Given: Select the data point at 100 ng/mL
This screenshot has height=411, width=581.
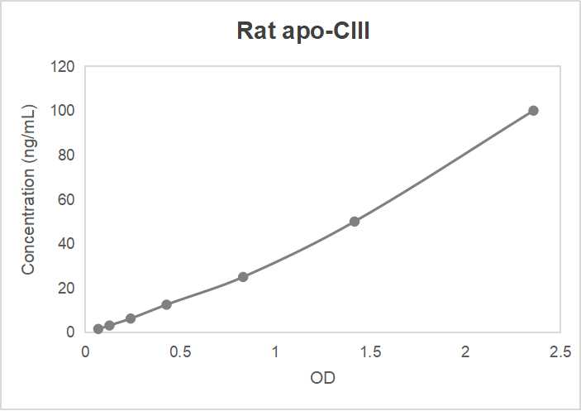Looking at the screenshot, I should [x=533, y=111].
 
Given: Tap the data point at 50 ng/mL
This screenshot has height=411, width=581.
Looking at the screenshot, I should [x=355, y=222].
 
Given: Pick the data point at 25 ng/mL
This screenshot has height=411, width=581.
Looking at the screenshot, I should [x=243, y=277].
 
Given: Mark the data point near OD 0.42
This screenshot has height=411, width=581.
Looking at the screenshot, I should [x=166, y=304].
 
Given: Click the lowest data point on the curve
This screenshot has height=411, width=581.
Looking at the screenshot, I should [x=98, y=328].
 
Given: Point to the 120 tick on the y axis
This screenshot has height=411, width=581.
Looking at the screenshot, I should [x=64, y=66].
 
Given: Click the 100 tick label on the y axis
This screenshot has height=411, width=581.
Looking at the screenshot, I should [x=64, y=111].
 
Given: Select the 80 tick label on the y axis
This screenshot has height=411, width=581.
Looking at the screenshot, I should [x=67, y=155].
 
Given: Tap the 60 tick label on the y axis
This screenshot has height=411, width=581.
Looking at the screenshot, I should [x=67, y=199].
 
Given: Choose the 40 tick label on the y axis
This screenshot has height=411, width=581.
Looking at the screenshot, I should [x=67, y=244].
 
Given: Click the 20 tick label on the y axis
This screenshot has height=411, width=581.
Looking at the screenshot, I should [x=67, y=289].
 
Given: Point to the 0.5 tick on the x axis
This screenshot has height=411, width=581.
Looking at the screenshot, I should [x=180, y=351].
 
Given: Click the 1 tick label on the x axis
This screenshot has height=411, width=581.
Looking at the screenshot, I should [x=275, y=351].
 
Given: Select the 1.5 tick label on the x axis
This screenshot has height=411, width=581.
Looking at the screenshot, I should [x=370, y=351].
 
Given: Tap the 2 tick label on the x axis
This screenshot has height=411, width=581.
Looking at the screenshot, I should [x=465, y=351].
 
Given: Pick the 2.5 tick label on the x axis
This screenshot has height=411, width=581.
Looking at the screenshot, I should [x=560, y=351].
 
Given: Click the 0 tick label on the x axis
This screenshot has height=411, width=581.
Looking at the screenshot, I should [x=85, y=351].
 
